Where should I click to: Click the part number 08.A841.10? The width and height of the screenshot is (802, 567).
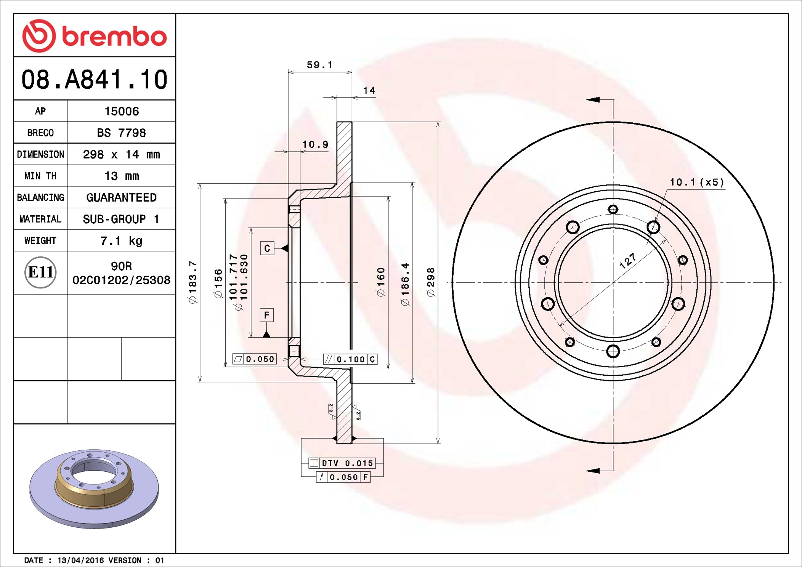[x=94, y=80]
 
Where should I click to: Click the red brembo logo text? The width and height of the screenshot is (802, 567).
[x=114, y=36]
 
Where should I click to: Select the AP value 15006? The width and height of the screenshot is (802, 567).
[x=122, y=111]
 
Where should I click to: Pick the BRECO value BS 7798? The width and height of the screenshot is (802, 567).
[x=121, y=133]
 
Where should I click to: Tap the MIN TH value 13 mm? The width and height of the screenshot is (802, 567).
[x=122, y=176]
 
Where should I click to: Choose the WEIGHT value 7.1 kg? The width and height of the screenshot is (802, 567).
[x=121, y=241]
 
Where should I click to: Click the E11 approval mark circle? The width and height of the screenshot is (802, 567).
[x=40, y=272]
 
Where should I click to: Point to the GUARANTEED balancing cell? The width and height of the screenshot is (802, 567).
[x=121, y=197]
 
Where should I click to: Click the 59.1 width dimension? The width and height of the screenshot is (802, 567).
[x=319, y=65]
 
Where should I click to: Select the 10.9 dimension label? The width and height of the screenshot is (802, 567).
[x=315, y=144]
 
